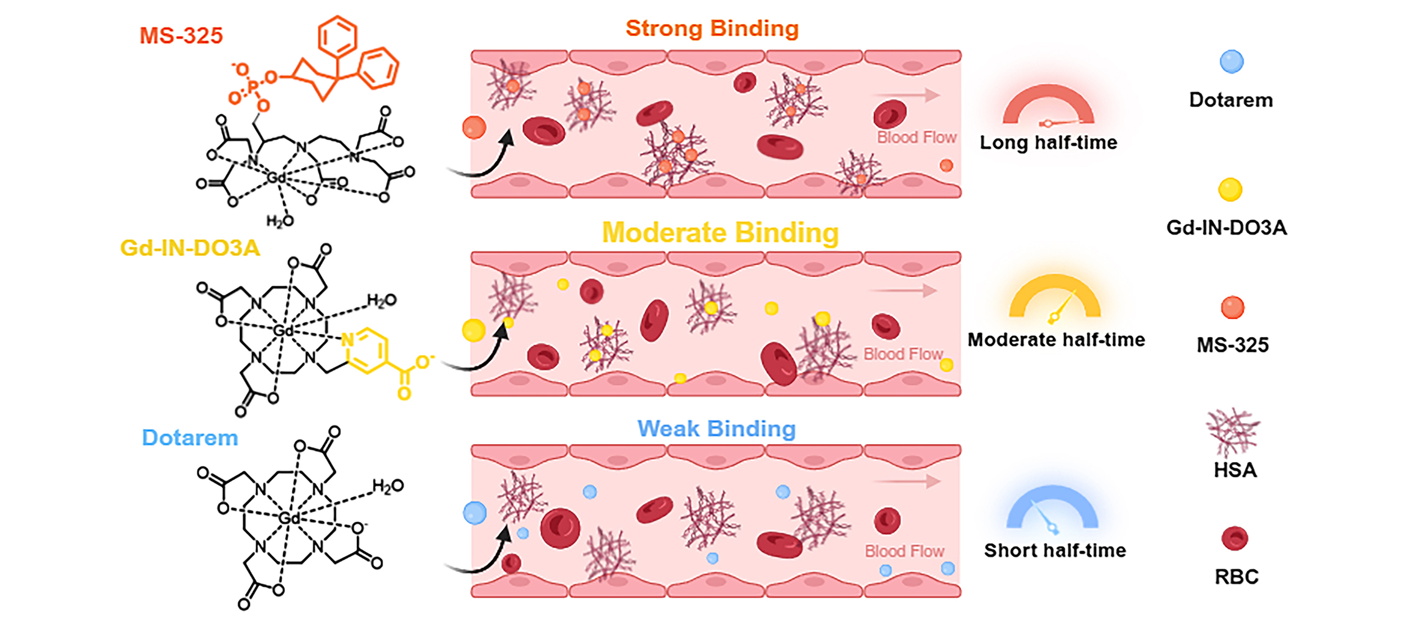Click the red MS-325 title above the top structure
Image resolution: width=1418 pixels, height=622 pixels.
(181, 35)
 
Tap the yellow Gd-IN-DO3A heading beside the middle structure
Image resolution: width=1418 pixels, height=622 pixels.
(190, 248)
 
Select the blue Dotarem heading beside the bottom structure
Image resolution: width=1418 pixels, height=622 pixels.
(190, 437)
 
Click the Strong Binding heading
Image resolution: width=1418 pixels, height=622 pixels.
(712, 29)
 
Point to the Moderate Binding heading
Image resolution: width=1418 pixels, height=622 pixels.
(720, 233)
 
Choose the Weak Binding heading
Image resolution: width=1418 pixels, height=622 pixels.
(716, 429)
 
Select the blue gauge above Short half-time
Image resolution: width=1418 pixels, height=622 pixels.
(1052, 508)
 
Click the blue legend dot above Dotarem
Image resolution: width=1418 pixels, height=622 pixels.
(1231, 62)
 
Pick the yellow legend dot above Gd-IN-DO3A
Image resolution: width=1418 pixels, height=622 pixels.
(1230, 190)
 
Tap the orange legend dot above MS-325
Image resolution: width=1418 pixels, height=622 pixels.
(1232, 307)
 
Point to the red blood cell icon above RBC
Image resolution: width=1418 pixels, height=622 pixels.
(1235, 539)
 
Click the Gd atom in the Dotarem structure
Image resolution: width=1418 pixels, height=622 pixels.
(289, 518)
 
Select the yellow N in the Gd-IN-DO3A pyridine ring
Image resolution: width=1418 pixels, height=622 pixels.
(348, 340)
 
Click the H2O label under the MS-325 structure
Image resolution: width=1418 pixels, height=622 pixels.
(279, 221)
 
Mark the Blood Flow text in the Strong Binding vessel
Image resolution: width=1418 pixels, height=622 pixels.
(916, 137)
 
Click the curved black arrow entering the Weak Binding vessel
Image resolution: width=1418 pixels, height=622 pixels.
(479, 555)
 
